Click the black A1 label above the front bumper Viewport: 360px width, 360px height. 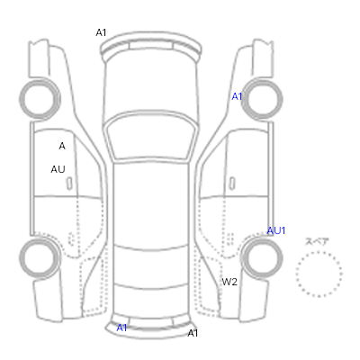101,32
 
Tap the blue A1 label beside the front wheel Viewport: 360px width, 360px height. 237,96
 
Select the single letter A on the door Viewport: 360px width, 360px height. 62,146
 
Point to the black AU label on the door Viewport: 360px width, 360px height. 58,169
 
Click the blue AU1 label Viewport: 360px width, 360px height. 276,230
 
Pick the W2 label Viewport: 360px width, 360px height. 229,282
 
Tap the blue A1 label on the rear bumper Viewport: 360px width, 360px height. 121,328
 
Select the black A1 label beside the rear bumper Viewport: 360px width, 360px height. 193,333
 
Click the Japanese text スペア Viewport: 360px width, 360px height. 317,241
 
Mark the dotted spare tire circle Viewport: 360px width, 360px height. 319,253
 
